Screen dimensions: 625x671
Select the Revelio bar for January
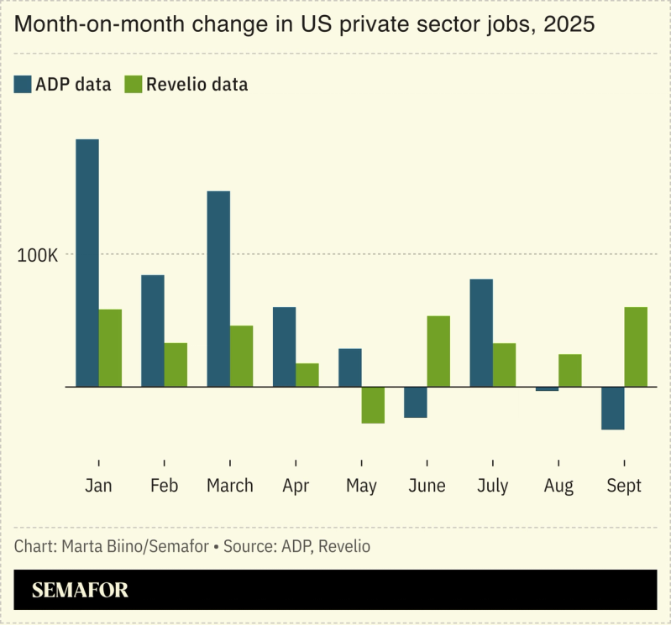coord(110,348)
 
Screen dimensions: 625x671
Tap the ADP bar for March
coord(218,289)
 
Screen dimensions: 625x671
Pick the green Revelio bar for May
coord(373,404)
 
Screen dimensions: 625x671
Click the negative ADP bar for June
coord(416,402)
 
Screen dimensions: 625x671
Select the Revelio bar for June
coord(438,352)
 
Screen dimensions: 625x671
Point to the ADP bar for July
coord(481,333)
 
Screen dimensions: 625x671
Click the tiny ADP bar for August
coord(547,388)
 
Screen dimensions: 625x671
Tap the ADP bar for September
coord(612,408)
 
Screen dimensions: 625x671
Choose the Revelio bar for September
coord(636,346)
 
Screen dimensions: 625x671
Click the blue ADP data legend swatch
coord(23,84)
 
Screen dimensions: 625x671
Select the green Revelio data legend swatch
coord(134,84)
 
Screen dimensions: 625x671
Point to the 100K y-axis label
coord(37,255)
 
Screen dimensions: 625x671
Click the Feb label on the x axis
coord(164,487)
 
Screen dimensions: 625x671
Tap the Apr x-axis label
coord(296,487)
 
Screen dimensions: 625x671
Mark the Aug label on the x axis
coord(558,487)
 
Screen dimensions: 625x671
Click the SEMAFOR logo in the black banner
coord(80,590)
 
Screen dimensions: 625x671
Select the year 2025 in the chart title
coord(569,25)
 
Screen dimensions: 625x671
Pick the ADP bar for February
coord(153,331)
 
